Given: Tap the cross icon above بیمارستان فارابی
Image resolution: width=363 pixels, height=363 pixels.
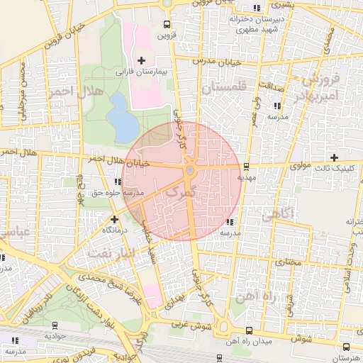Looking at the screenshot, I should (141, 61).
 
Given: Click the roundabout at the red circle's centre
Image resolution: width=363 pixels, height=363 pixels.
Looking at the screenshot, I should (190, 171).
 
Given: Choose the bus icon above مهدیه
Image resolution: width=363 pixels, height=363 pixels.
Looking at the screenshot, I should (246, 167).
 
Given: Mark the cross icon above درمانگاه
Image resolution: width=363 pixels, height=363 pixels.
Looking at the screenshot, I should (114, 219).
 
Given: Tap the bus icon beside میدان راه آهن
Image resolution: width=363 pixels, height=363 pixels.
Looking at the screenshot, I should (248, 331).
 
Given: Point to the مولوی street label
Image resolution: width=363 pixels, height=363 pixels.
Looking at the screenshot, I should (302, 166).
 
